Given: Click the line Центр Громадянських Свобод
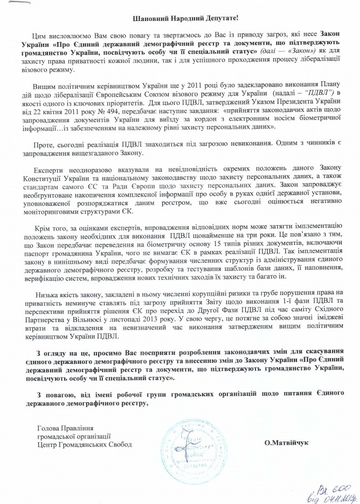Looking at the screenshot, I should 84,444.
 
